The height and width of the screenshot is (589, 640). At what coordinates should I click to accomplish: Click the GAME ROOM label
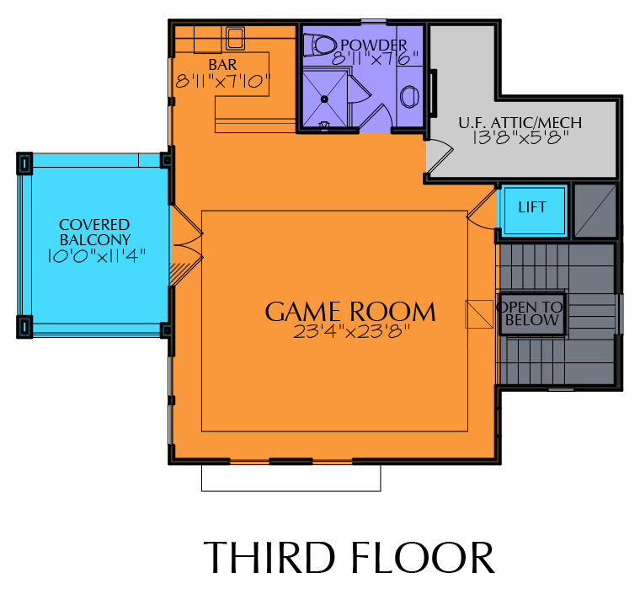[x=350, y=312]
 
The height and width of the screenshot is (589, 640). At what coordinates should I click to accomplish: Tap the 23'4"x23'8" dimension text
[x=351, y=332]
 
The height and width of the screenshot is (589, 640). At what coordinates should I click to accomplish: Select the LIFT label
[x=532, y=207]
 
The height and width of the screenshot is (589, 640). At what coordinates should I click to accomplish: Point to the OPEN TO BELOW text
[x=531, y=313]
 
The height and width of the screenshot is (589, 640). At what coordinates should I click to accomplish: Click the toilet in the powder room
[x=319, y=45]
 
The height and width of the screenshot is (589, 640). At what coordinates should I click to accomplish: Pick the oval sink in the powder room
[x=409, y=97]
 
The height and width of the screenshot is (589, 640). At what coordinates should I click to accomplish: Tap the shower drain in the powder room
[x=324, y=99]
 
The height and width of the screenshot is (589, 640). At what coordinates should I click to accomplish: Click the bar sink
[x=235, y=38]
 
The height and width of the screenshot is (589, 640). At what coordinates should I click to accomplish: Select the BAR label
[x=222, y=65]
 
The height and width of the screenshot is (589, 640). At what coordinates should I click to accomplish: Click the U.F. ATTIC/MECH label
[x=520, y=122]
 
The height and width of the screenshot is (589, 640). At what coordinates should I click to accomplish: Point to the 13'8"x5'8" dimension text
[x=520, y=137]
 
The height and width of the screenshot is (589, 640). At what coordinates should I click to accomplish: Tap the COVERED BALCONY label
[x=94, y=232]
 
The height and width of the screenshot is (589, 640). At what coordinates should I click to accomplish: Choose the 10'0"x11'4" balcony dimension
[x=96, y=256]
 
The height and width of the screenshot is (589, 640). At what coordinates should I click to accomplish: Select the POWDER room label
[x=374, y=45]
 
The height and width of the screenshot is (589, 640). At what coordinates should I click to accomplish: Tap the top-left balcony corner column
[x=24, y=163]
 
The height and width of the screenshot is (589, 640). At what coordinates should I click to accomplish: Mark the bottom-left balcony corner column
[x=24, y=327]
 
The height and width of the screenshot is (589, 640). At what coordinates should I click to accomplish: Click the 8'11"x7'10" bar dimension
[x=223, y=81]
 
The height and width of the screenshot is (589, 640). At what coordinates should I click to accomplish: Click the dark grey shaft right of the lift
[x=595, y=211]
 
